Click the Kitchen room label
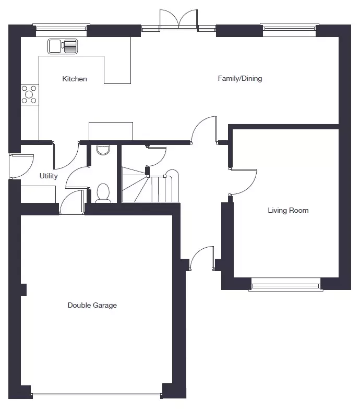click(75, 79)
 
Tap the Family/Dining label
click(240, 79)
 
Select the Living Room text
click(288, 210)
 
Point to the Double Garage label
click(92, 305)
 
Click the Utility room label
click(49, 176)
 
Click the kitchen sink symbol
click(63, 46)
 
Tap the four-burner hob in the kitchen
click(29, 94)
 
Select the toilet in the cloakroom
click(103, 193)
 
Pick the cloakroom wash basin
click(103, 150)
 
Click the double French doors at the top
click(178, 20)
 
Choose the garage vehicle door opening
click(97, 395)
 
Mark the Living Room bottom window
click(286, 287)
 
